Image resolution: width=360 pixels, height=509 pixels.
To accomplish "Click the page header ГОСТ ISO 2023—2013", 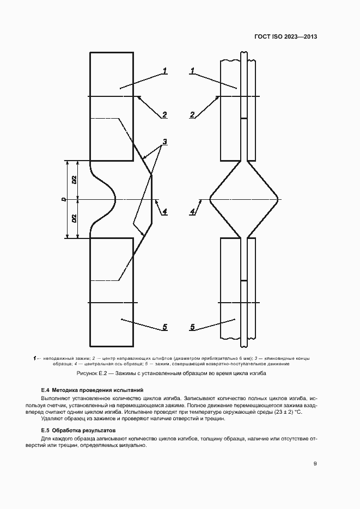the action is pos(285,37).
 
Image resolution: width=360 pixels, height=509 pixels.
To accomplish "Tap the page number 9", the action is pos(315,463).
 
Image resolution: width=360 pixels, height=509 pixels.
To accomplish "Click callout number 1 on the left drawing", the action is pos(164,71).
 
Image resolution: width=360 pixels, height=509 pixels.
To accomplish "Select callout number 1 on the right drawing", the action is pos(192,71).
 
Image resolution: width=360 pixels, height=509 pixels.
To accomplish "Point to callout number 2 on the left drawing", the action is pos(164,114).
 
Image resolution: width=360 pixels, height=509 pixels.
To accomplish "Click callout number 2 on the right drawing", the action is pos(192,114).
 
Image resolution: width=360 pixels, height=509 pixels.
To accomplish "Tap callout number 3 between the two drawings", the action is pos(164,142).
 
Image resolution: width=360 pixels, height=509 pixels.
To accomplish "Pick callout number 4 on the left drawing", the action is pos(164,212).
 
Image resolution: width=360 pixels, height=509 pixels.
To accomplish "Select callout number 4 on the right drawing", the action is pos(192,212).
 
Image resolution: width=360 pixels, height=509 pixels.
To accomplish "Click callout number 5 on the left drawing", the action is pos(164,327).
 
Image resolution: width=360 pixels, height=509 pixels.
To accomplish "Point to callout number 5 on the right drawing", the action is pos(192,327).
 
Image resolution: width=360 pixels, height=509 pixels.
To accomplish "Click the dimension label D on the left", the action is pos(64,200).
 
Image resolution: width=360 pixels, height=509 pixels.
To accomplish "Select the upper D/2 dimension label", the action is pos(74,180).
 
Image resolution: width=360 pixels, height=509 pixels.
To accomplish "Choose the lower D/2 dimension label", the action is pos(74,219).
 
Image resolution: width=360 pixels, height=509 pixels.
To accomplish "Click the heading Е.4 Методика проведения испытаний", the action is pos(93,390).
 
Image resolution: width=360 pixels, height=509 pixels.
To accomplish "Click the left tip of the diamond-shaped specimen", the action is pos(210,199).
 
